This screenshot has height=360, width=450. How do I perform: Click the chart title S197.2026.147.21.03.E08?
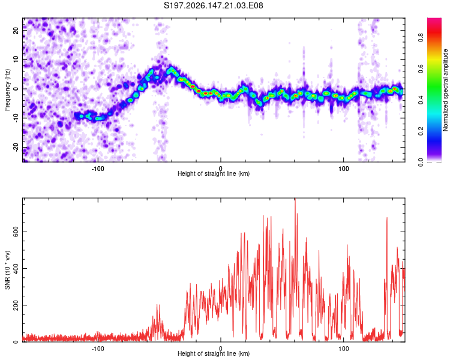coord(213,5)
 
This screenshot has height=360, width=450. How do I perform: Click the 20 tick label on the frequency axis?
coord(16,30)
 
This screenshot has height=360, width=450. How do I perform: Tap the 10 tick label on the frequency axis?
coord(16,59)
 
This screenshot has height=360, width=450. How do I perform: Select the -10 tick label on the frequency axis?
coord(16,118)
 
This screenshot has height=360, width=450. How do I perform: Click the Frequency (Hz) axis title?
coord(7,90)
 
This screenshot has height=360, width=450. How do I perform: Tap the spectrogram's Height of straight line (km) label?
coord(214,173)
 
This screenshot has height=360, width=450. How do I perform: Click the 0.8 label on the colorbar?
coord(421,38)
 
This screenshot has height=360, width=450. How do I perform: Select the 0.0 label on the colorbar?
coord(421,162)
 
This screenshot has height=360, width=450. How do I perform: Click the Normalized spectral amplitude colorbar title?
coord(445,90)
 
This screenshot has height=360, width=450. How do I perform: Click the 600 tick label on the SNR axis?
coord(16,232)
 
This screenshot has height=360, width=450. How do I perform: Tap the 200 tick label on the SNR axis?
coord(16,305)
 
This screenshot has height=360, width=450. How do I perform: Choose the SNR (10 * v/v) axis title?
coord(7,270)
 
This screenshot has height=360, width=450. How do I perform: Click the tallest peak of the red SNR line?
coord(295,199)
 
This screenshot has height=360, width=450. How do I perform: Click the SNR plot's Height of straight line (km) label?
coord(214,353)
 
